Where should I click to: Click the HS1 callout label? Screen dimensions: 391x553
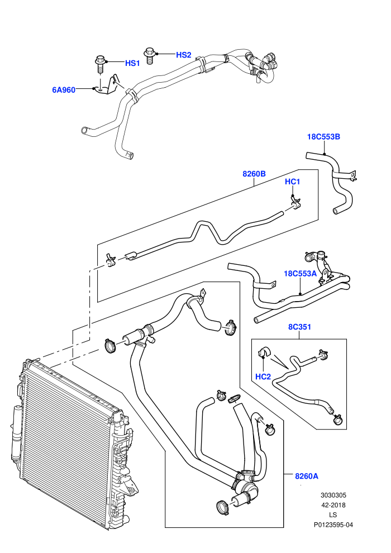click(x=132, y=63)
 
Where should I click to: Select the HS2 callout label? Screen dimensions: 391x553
click(x=184, y=55)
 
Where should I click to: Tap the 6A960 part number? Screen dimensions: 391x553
click(x=64, y=90)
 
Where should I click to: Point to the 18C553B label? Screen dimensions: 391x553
click(x=323, y=137)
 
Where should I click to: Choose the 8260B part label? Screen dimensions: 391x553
click(x=254, y=174)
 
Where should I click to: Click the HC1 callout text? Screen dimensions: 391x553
click(x=292, y=182)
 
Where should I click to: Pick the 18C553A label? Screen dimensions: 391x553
click(x=301, y=274)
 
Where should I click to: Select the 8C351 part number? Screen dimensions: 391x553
click(x=300, y=327)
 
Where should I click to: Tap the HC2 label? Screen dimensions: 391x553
click(x=263, y=376)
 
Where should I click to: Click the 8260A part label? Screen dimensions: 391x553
click(x=307, y=476)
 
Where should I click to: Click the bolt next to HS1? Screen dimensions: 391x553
click(x=100, y=64)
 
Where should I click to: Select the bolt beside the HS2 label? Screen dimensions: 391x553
click(x=150, y=56)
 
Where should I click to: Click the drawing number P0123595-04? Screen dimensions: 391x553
click(x=333, y=525)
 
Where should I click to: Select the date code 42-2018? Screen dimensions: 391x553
click(x=333, y=505)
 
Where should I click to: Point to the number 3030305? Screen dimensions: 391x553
click(x=333, y=495)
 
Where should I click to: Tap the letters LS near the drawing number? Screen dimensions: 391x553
click(x=333, y=515)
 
